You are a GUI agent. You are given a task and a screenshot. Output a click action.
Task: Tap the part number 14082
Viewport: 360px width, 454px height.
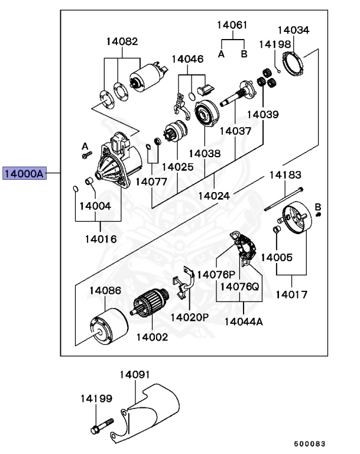[x=122, y=41]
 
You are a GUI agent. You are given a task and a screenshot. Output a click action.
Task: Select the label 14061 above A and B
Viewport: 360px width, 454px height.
[x=232, y=25]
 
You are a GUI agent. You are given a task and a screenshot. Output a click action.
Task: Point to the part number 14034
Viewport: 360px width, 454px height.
[x=293, y=30]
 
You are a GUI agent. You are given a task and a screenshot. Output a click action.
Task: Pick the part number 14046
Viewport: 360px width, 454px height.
[x=187, y=59]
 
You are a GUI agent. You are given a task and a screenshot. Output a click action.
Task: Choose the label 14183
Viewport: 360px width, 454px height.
[x=286, y=175]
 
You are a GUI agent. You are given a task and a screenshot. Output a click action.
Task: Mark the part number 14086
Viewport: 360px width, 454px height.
[x=105, y=290]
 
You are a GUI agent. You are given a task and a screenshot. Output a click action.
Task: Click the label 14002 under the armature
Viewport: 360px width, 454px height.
[x=152, y=337]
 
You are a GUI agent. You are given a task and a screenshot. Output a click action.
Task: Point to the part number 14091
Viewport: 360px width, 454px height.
[x=135, y=375]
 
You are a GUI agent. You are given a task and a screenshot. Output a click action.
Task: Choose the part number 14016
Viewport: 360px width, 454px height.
[x=100, y=239]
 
